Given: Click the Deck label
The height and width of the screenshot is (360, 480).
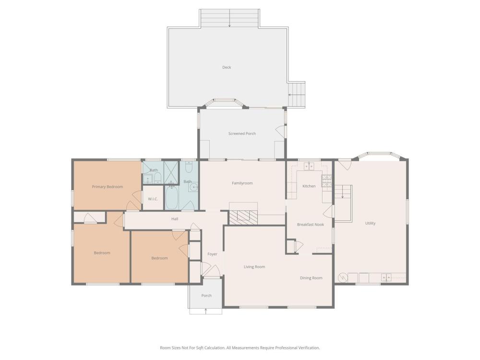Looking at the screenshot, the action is click(227, 67).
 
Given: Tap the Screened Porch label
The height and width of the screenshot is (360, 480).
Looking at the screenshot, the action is click(242, 133).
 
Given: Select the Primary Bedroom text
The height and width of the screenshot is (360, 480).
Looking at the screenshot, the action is click(108, 187).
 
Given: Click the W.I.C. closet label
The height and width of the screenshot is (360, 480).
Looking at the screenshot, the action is click(153, 199).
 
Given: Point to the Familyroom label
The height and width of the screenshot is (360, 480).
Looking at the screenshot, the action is click(242, 183).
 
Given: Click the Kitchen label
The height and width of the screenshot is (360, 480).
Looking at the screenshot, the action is click(309, 186).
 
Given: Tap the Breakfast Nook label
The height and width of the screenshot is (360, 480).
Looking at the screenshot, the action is click(311, 224).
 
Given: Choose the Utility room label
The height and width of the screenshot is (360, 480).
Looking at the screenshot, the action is click(370, 223).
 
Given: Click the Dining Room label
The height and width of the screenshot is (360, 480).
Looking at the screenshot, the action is click(311, 278).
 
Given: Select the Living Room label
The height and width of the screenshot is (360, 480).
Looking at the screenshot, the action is click(254, 266).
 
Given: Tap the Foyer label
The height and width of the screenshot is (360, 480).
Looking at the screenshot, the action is click(212, 254).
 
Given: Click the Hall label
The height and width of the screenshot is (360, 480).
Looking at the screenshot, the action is click(175, 219).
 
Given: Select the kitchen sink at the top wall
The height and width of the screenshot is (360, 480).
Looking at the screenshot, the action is click(309, 166).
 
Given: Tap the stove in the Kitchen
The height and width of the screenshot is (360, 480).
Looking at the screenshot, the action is click(326, 180).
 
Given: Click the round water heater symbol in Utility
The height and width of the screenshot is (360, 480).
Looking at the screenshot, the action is click(343, 278).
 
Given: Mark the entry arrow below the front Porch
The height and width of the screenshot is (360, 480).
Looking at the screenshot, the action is click(206, 311).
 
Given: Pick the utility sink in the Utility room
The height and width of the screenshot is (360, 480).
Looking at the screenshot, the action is click(386, 277).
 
